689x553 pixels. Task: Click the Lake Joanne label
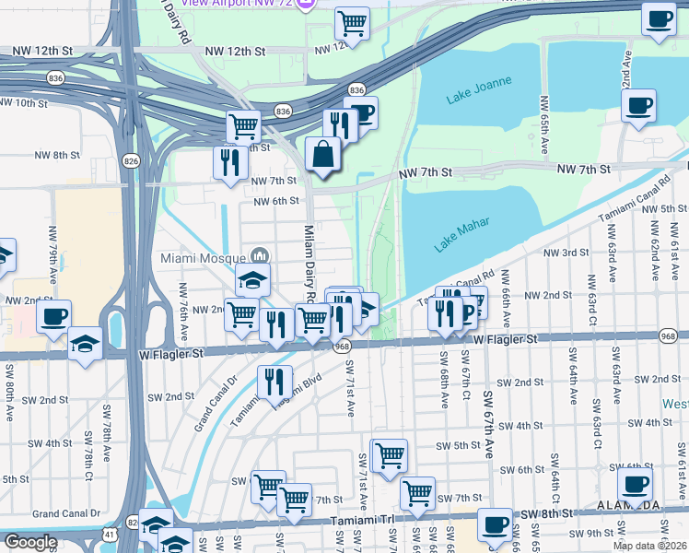(x=478, y=95)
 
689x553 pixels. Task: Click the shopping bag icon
(x=322, y=154)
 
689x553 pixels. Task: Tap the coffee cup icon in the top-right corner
(x=659, y=19)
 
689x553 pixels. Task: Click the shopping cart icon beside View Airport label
(x=351, y=22)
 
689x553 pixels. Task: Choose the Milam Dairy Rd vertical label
(x=309, y=263)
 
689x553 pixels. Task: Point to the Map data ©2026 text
(x=650, y=546)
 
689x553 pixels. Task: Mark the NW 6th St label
(x=276, y=200)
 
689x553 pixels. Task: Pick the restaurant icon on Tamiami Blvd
(x=274, y=382)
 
